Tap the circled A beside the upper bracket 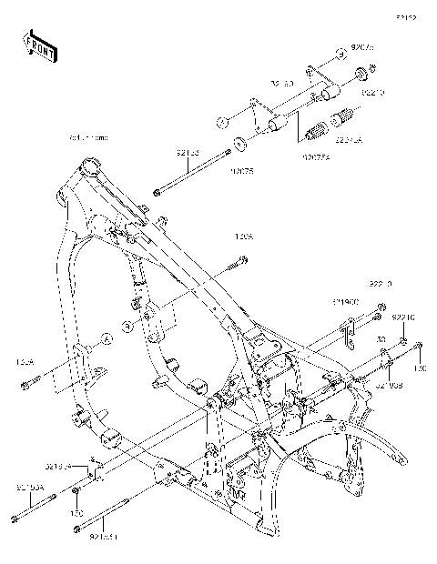[x=221, y=121]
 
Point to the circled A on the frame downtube [x=105, y=337]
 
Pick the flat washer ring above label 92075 [x=240, y=143]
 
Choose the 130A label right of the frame [x=243, y=238]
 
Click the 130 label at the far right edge [x=420, y=369]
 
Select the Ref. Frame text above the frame [x=88, y=137]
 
